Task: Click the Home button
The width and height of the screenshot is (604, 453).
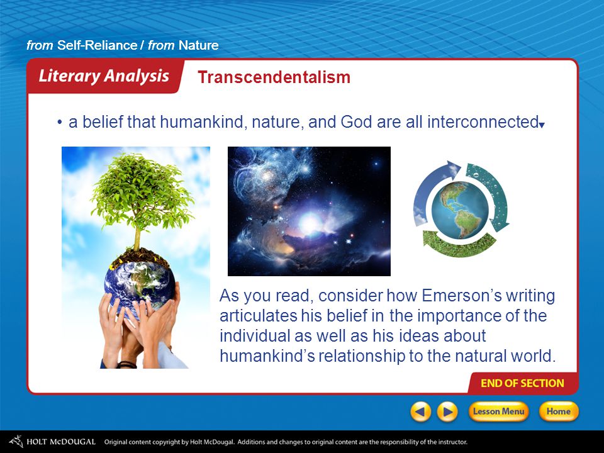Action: click(x=558, y=411)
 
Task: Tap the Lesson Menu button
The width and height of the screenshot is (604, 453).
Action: click(x=498, y=411)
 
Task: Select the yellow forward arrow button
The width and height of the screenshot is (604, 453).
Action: click(x=447, y=411)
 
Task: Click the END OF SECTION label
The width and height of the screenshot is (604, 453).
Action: click(x=522, y=383)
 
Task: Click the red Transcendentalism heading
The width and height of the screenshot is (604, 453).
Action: click(x=274, y=77)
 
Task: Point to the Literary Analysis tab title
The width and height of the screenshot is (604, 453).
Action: click(x=104, y=76)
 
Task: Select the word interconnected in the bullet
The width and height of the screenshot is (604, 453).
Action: click(x=483, y=121)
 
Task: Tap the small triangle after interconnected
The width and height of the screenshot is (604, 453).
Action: click(x=542, y=125)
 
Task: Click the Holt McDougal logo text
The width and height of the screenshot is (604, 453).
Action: click(x=60, y=442)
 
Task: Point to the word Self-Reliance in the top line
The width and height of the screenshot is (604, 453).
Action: click(x=97, y=45)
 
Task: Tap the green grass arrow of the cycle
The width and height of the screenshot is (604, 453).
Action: click(x=459, y=243)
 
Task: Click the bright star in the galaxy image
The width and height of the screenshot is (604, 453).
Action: click(x=309, y=223)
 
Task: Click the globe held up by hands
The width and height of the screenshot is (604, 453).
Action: click(x=140, y=285)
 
